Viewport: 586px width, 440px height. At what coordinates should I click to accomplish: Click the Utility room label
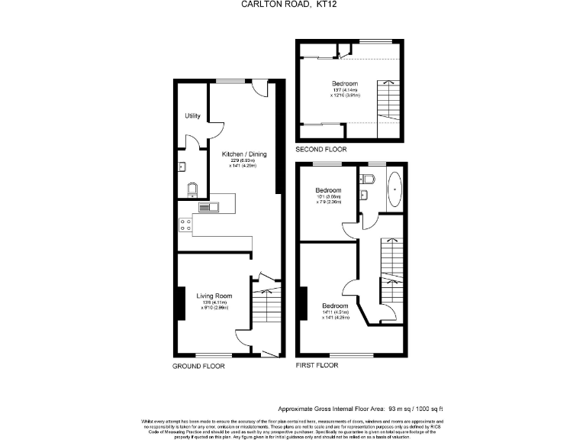pos(192,116)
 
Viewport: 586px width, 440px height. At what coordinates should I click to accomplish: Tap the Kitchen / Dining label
pos(239,154)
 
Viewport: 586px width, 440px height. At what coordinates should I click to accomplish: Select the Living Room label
pos(214,296)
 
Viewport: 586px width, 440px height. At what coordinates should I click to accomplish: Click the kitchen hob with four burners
pos(184,225)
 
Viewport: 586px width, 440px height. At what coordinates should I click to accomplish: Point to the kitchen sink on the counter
pos(208,205)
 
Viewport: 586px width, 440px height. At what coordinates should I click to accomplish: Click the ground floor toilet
pos(191,187)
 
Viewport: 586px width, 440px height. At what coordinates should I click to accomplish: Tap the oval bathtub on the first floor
pos(394,190)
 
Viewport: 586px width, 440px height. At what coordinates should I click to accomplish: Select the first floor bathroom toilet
pos(368,180)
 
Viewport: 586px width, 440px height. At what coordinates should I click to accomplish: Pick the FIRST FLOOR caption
pos(317,365)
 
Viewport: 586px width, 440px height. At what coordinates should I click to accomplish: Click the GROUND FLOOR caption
pos(198,366)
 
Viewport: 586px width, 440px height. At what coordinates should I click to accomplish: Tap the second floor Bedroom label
pos(345,83)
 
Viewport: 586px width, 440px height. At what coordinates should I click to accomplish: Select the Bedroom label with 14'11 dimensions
pos(335,306)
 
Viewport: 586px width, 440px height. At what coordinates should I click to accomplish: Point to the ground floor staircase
pos(266,313)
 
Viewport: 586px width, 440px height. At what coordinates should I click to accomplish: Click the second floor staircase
pos(389,99)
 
